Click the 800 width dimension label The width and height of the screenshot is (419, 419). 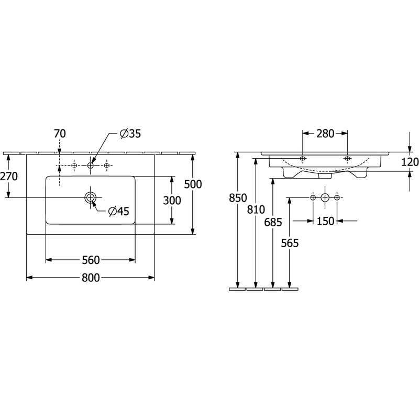pos(91,278)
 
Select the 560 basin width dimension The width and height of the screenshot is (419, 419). pos(91,260)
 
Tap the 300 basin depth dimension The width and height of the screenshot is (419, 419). pos(172,201)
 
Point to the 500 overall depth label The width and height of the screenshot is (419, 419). pos(193,184)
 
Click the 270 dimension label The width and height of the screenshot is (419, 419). pos(9,177)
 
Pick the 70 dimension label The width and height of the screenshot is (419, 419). pos(60,134)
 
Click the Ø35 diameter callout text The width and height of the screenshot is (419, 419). pos(130,134)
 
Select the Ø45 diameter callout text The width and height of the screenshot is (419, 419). pos(119,212)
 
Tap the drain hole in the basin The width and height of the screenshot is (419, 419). pos(90,198)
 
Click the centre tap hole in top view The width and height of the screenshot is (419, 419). pos(90,166)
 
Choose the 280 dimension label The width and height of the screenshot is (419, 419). pos(325,134)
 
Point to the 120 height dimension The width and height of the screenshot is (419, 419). pos(410,162)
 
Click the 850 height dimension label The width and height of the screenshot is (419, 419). pos(238,198)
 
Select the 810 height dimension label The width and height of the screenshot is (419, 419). pos(256,210)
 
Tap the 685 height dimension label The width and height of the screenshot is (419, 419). pos(273,222)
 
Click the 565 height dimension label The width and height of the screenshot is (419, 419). pos(290,243)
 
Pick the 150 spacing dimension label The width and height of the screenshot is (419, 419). pos(325,221)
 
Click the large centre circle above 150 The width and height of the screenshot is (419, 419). pos(325,198)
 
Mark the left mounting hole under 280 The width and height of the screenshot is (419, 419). pos(303,159)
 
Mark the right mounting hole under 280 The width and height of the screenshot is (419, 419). pos(347,159)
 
